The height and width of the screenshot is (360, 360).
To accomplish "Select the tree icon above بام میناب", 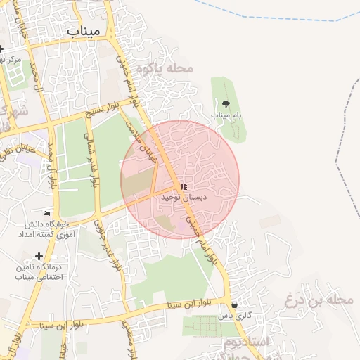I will tap(225, 104).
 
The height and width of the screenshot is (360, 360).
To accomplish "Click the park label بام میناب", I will tap(226, 115).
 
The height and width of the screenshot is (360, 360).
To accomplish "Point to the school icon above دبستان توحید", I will tap(184, 187).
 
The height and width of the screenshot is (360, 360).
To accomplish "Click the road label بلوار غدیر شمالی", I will tap(89, 158).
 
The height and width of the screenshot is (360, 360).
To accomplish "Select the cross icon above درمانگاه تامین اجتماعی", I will tap(39, 256).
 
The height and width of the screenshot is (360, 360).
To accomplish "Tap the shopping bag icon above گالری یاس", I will tap(233, 305).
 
